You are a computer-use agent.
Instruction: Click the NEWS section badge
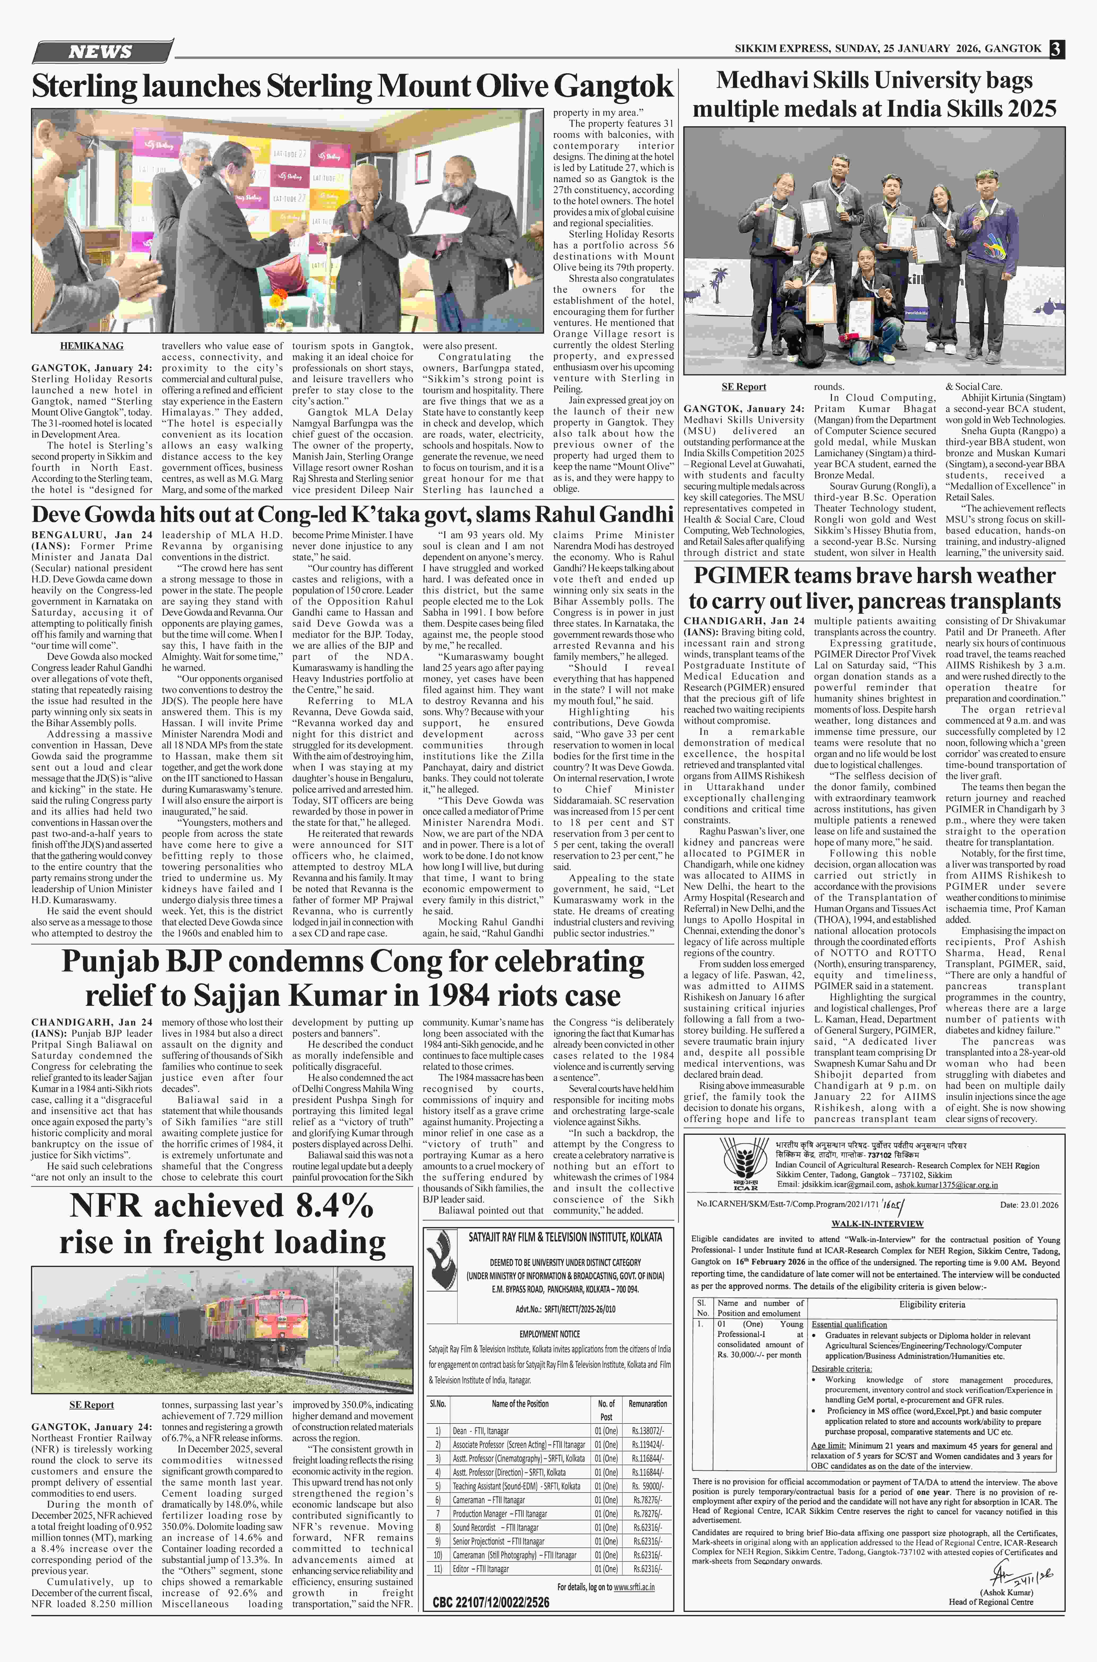(x=101, y=52)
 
